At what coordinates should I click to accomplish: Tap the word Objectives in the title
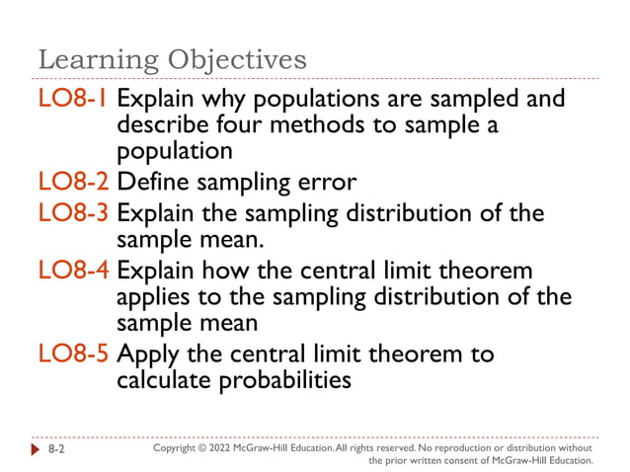tap(236, 61)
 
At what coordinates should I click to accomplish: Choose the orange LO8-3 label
tap(74, 213)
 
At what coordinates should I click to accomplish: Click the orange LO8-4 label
tap(74, 271)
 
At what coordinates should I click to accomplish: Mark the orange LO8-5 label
tap(74, 354)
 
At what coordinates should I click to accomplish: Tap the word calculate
tap(167, 380)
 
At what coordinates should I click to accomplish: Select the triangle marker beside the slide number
tap(37, 448)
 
